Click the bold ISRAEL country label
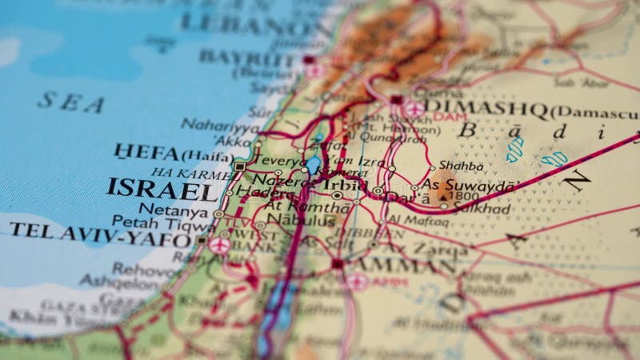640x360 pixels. point(162,190)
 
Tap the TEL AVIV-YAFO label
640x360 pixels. point(99,233)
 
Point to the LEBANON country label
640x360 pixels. point(257,24)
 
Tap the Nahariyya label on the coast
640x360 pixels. point(219,125)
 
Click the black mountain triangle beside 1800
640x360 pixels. point(443,194)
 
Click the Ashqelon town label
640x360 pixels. point(119,283)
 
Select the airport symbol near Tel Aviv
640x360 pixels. point(219,246)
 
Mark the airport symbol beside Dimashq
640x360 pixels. point(414,109)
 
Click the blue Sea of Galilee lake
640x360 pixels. point(313,166)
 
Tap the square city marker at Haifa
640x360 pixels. point(240,166)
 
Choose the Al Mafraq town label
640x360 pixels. point(418,220)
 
